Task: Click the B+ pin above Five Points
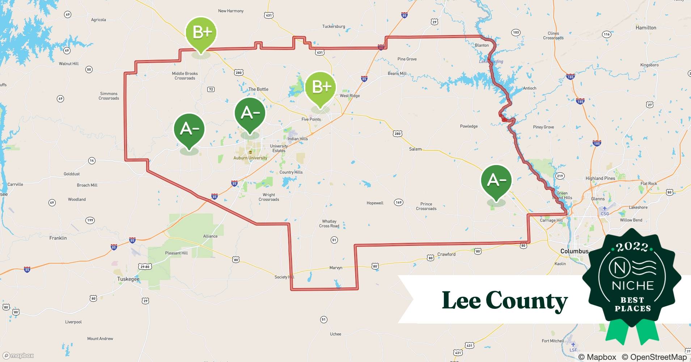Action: [321, 87]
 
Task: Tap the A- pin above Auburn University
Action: [250, 113]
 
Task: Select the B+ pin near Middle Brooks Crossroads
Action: [201, 33]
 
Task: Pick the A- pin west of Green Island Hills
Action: [496, 180]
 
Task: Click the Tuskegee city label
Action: [128, 279]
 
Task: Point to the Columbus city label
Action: [574, 251]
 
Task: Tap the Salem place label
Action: [415, 149]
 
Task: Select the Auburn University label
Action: [250, 158]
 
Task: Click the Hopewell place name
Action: [375, 203]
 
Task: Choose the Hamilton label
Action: [646, 28]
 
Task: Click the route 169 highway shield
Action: [398, 202]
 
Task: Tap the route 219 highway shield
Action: [560, 176]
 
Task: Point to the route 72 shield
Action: [211, 89]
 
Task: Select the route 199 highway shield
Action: [90, 220]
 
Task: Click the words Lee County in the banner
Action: [505, 300]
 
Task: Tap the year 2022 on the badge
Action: [632, 247]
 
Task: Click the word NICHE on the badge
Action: [633, 286]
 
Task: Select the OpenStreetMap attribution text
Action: [654, 357]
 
